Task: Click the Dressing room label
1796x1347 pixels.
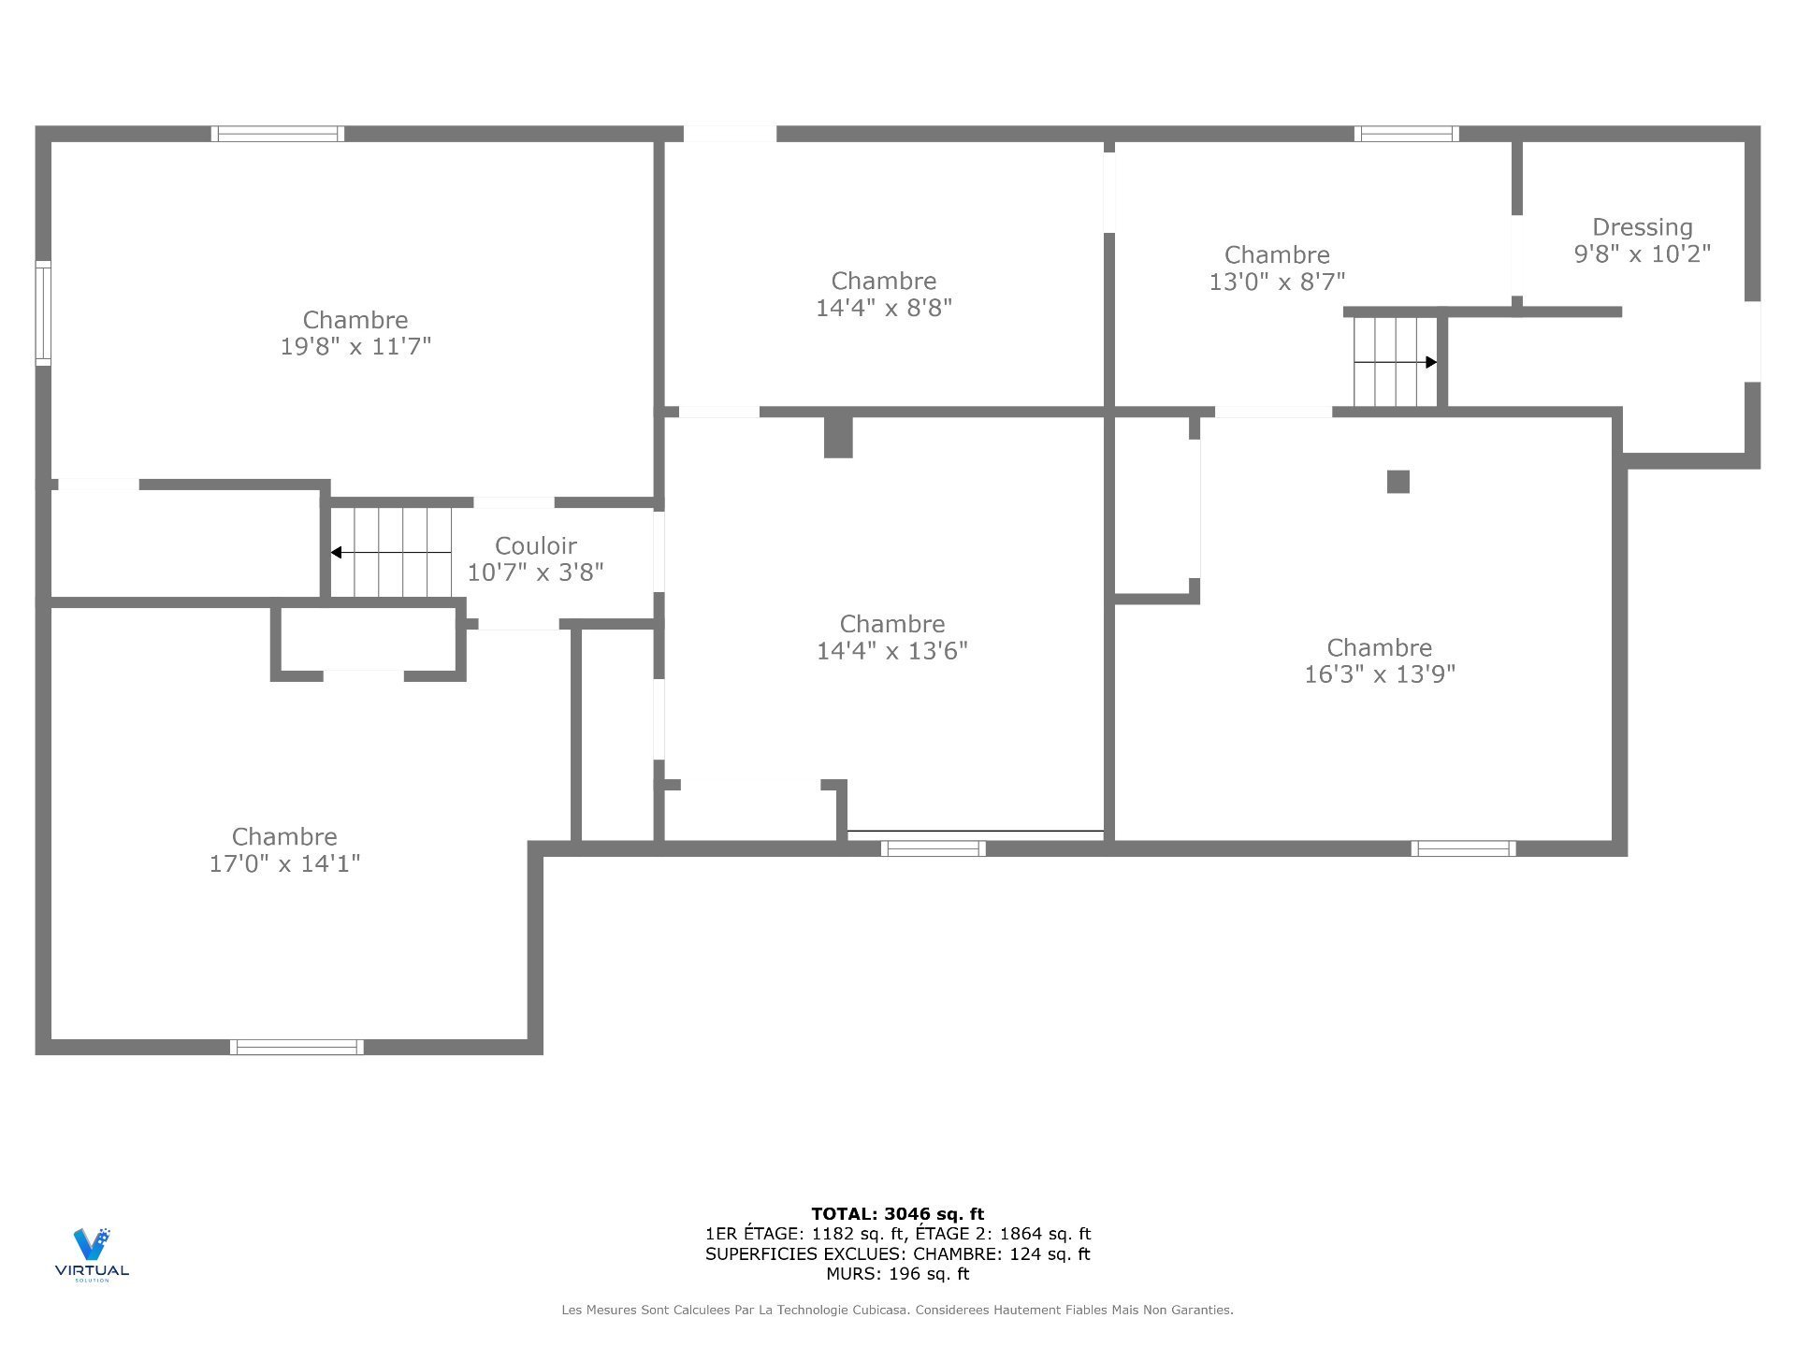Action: point(1642,227)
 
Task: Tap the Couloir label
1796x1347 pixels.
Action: point(535,545)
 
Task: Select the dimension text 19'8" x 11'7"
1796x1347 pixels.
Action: point(355,347)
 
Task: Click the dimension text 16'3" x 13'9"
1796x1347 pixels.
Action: point(1380,674)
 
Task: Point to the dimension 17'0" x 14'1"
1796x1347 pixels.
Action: point(284,863)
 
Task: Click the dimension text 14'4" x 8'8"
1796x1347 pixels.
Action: point(884,308)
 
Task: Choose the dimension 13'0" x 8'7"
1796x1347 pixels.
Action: point(1277,282)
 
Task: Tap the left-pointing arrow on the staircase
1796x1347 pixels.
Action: point(337,553)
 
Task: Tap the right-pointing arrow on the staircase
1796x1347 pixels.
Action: point(1430,362)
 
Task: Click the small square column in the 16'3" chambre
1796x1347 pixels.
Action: point(1398,482)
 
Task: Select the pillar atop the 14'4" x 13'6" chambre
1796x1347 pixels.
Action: point(838,437)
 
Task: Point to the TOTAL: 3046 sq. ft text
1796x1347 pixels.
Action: point(897,1214)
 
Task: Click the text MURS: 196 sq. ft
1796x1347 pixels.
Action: point(897,1274)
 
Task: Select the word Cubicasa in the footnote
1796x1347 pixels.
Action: point(878,1311)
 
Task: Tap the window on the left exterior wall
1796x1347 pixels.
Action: point(43,312)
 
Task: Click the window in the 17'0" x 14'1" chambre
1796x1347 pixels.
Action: point(297,1047)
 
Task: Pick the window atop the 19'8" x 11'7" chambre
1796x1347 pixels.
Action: point(277,134)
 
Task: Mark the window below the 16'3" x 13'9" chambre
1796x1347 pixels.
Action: point(1463,848)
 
